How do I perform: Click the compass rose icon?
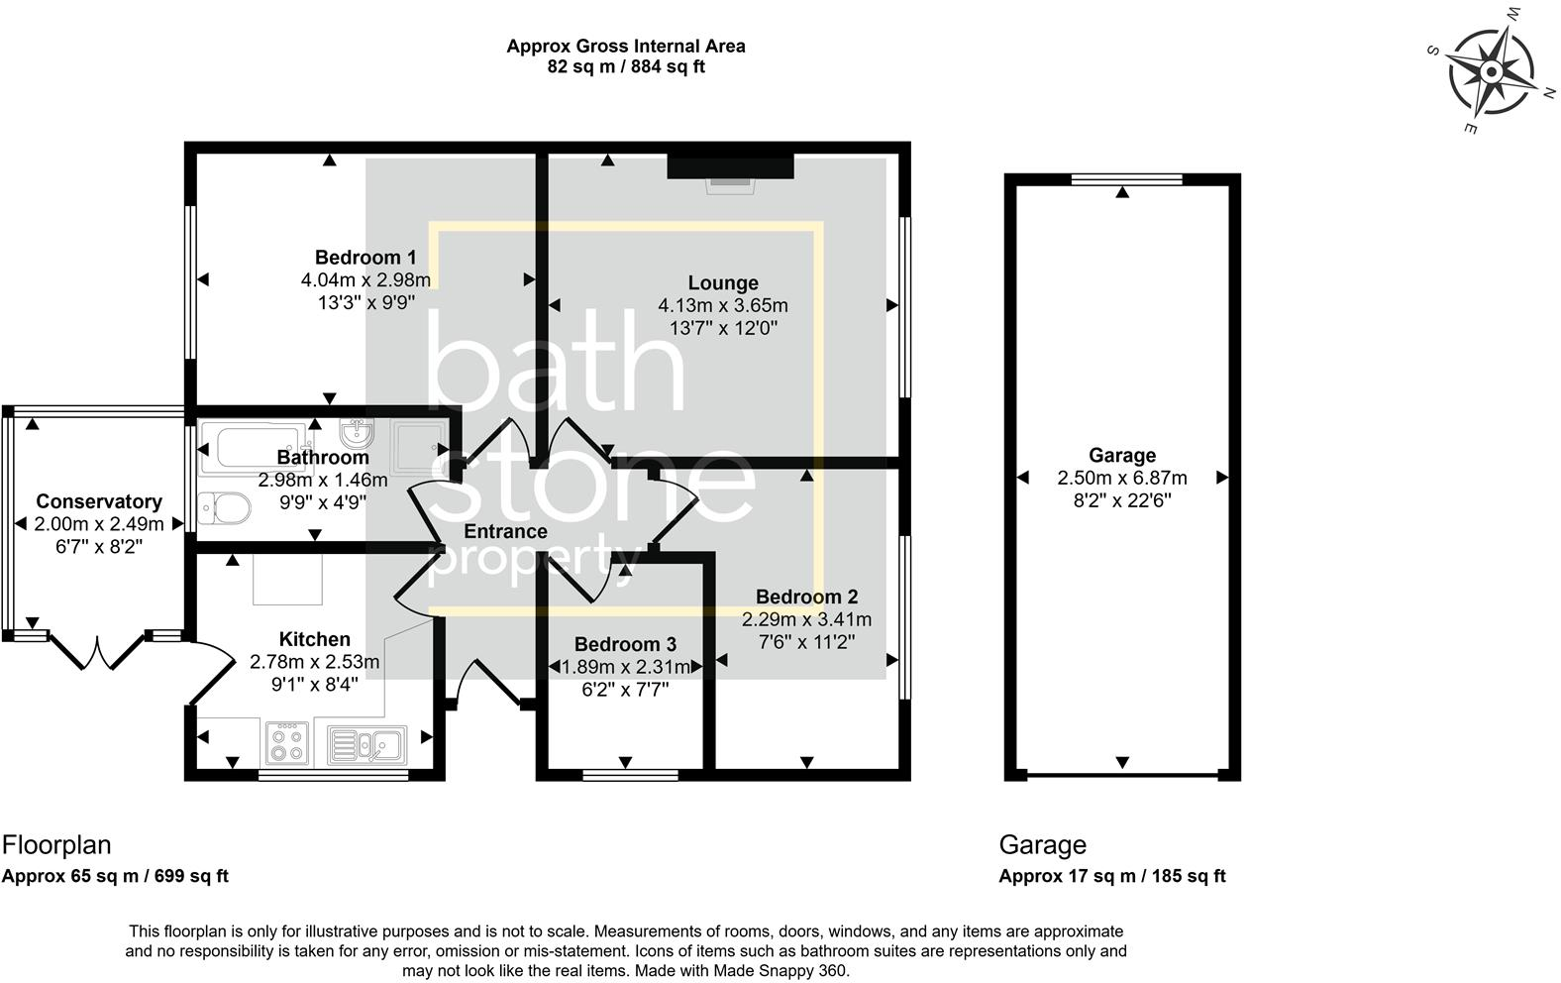click(x=1492, y=71)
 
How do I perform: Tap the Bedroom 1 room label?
click(x=365, y=258)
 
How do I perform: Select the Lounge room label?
click(x=723, y=283)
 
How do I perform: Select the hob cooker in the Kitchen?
click(x=287, y=743)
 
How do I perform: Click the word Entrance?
click(x=505, y=531)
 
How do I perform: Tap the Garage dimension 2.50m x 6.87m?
click(x=1122, y=479)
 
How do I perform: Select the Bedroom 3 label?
click(x=625, y=644)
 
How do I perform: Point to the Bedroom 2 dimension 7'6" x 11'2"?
click(x=806, y=641)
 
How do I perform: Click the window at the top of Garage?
click(x=1127, y=179)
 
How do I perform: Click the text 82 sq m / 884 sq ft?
click(x=626, y=67)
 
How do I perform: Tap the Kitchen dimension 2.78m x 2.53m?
click(x=314, y=662)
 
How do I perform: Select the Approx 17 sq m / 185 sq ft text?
click(x=1112, y=876)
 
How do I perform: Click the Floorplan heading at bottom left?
click(x=56, y=845)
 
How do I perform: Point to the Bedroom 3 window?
click(x=631, y=775)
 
